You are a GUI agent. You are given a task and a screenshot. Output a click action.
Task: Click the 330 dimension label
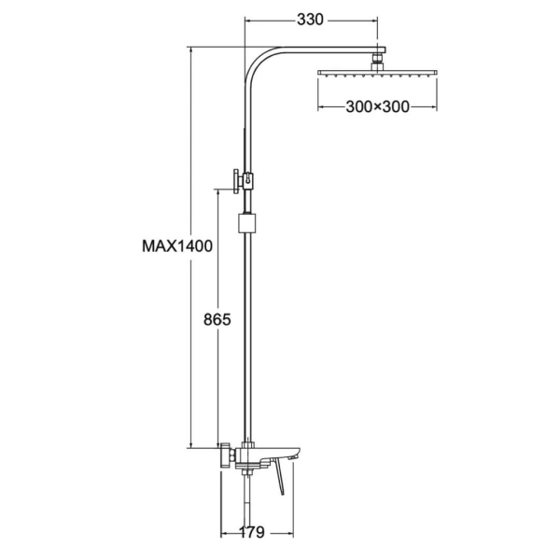(x=310, y=20)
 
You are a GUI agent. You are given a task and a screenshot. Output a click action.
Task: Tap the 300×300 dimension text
(x=377, y=106)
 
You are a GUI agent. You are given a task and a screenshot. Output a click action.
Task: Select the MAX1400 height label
(x=177, y=246)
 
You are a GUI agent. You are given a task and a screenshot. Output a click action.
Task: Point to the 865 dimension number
(x=217, y=319)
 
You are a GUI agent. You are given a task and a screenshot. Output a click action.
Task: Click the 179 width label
(x=251, y=533)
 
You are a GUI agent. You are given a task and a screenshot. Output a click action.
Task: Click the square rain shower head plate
(x=377, y=73)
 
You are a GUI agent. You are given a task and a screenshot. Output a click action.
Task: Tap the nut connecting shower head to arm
(x=377, y=62)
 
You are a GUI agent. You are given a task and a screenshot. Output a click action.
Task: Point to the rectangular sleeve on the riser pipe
(x=246, y=223)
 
